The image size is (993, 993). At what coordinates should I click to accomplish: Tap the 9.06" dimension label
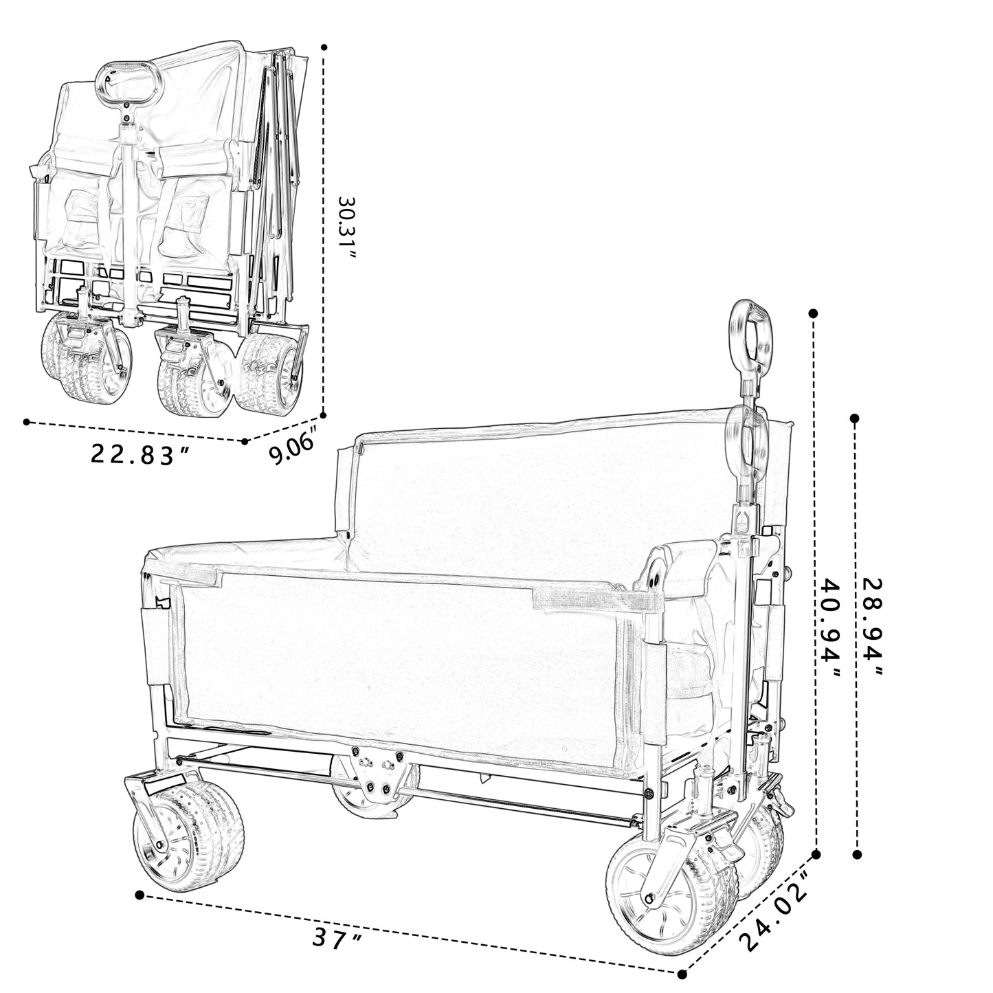(x=291, y=446)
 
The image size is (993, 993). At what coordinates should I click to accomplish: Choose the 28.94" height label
(x=872, y=627)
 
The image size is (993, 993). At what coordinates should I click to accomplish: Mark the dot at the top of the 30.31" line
(x=324, y=47)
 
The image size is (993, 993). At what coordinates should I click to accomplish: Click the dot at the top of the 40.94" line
(x=813, y=313)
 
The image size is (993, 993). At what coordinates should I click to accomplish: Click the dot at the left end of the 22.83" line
(x=26, y=422)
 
